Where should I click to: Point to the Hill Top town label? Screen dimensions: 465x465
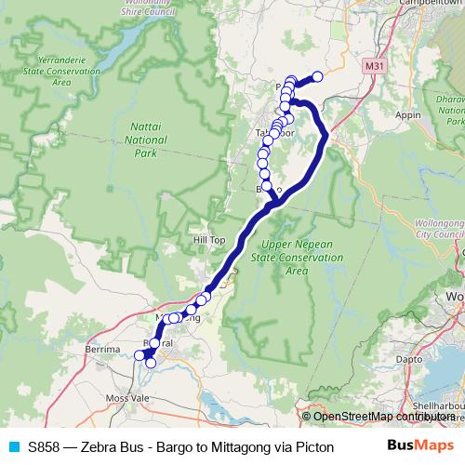click(x=208, y=239)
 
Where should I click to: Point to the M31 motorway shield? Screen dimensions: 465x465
click(x=374, y=66)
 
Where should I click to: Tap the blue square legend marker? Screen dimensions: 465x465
click(x=12, y=445)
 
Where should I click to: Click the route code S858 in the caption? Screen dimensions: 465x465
click(x=46, y=445)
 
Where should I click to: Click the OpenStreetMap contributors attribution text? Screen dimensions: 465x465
click(x=383, y=417)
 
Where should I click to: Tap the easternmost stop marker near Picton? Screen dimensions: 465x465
click(x=317, y=76)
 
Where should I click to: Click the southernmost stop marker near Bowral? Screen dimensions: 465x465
click(x=151, y=363)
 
